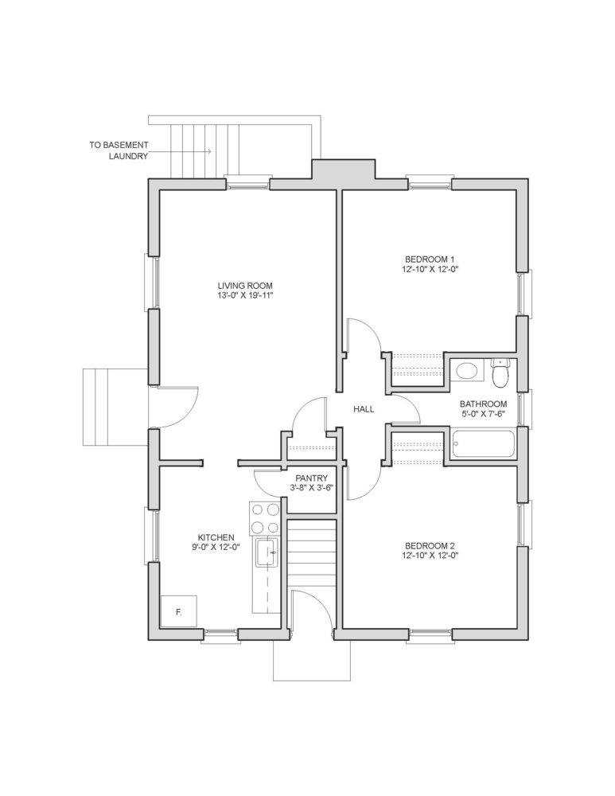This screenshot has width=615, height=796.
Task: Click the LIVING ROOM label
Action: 245,286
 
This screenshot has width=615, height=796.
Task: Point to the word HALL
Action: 364,408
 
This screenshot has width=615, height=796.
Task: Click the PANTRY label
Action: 312,478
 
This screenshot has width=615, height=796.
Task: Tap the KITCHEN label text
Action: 216,537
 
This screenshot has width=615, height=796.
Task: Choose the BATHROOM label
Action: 483,404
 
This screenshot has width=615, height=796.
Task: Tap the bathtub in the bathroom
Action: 483,444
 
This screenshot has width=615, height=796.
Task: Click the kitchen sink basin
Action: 267,552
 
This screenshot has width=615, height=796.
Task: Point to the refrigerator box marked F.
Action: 179,612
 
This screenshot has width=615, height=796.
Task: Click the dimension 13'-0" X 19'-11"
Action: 245,295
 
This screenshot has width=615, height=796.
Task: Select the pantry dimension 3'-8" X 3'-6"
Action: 312,487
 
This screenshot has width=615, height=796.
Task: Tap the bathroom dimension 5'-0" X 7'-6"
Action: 483,414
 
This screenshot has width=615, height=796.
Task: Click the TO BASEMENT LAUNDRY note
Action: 119,150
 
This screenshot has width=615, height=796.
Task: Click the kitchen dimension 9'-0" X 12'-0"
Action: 216,547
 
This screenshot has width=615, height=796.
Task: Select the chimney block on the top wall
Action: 343,169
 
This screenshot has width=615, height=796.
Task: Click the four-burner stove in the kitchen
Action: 264,518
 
